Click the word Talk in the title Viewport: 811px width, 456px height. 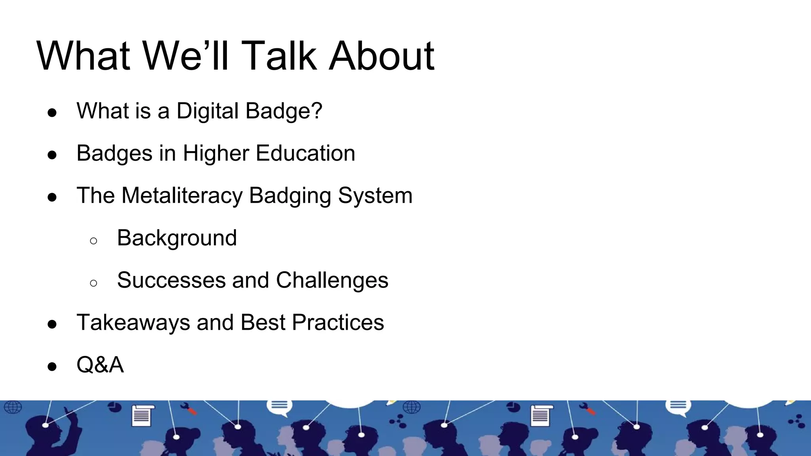click(x=279, y=56)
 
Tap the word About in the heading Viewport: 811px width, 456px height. click(x=382, y=56)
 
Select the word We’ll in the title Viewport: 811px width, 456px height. click(x=186, y=56)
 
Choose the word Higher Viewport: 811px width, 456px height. click(x=216, y=153)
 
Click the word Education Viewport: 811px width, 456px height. click(x=305, y=153)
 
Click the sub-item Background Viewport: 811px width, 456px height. click(x=177, y=238)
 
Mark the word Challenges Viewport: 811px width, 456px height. click(x=332, y=280)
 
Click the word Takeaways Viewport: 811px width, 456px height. click(x=133, y=322)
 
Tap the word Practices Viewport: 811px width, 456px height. click(x=338, y=322)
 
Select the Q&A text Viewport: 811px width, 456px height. click(x=100, y=365)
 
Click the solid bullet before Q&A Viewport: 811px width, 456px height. click(x=52, y=367)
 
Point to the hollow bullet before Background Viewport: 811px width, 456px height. click(x=93, y=241)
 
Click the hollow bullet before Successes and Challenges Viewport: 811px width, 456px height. click(x=93, y=283)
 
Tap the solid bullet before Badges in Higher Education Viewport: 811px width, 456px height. click(x=52, y=155)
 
